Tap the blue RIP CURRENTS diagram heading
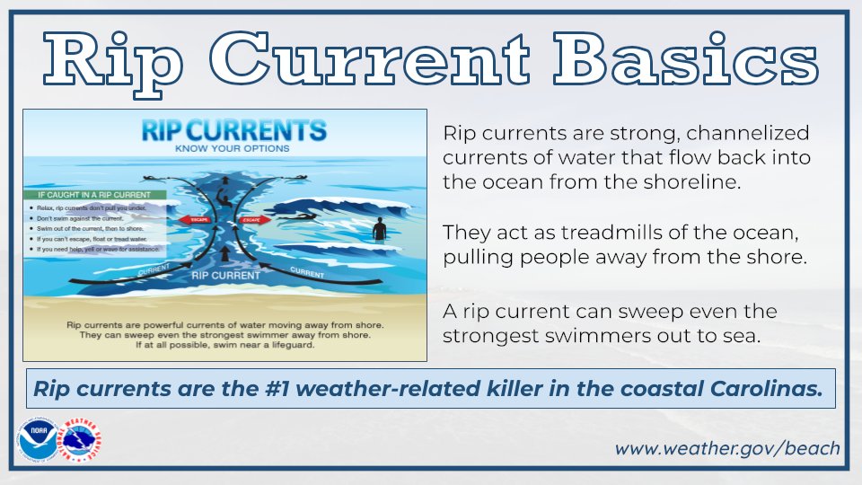pos(234,131)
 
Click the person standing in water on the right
pos(379,228)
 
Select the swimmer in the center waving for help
pos(221,193)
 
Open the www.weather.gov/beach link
pos(726,447)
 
